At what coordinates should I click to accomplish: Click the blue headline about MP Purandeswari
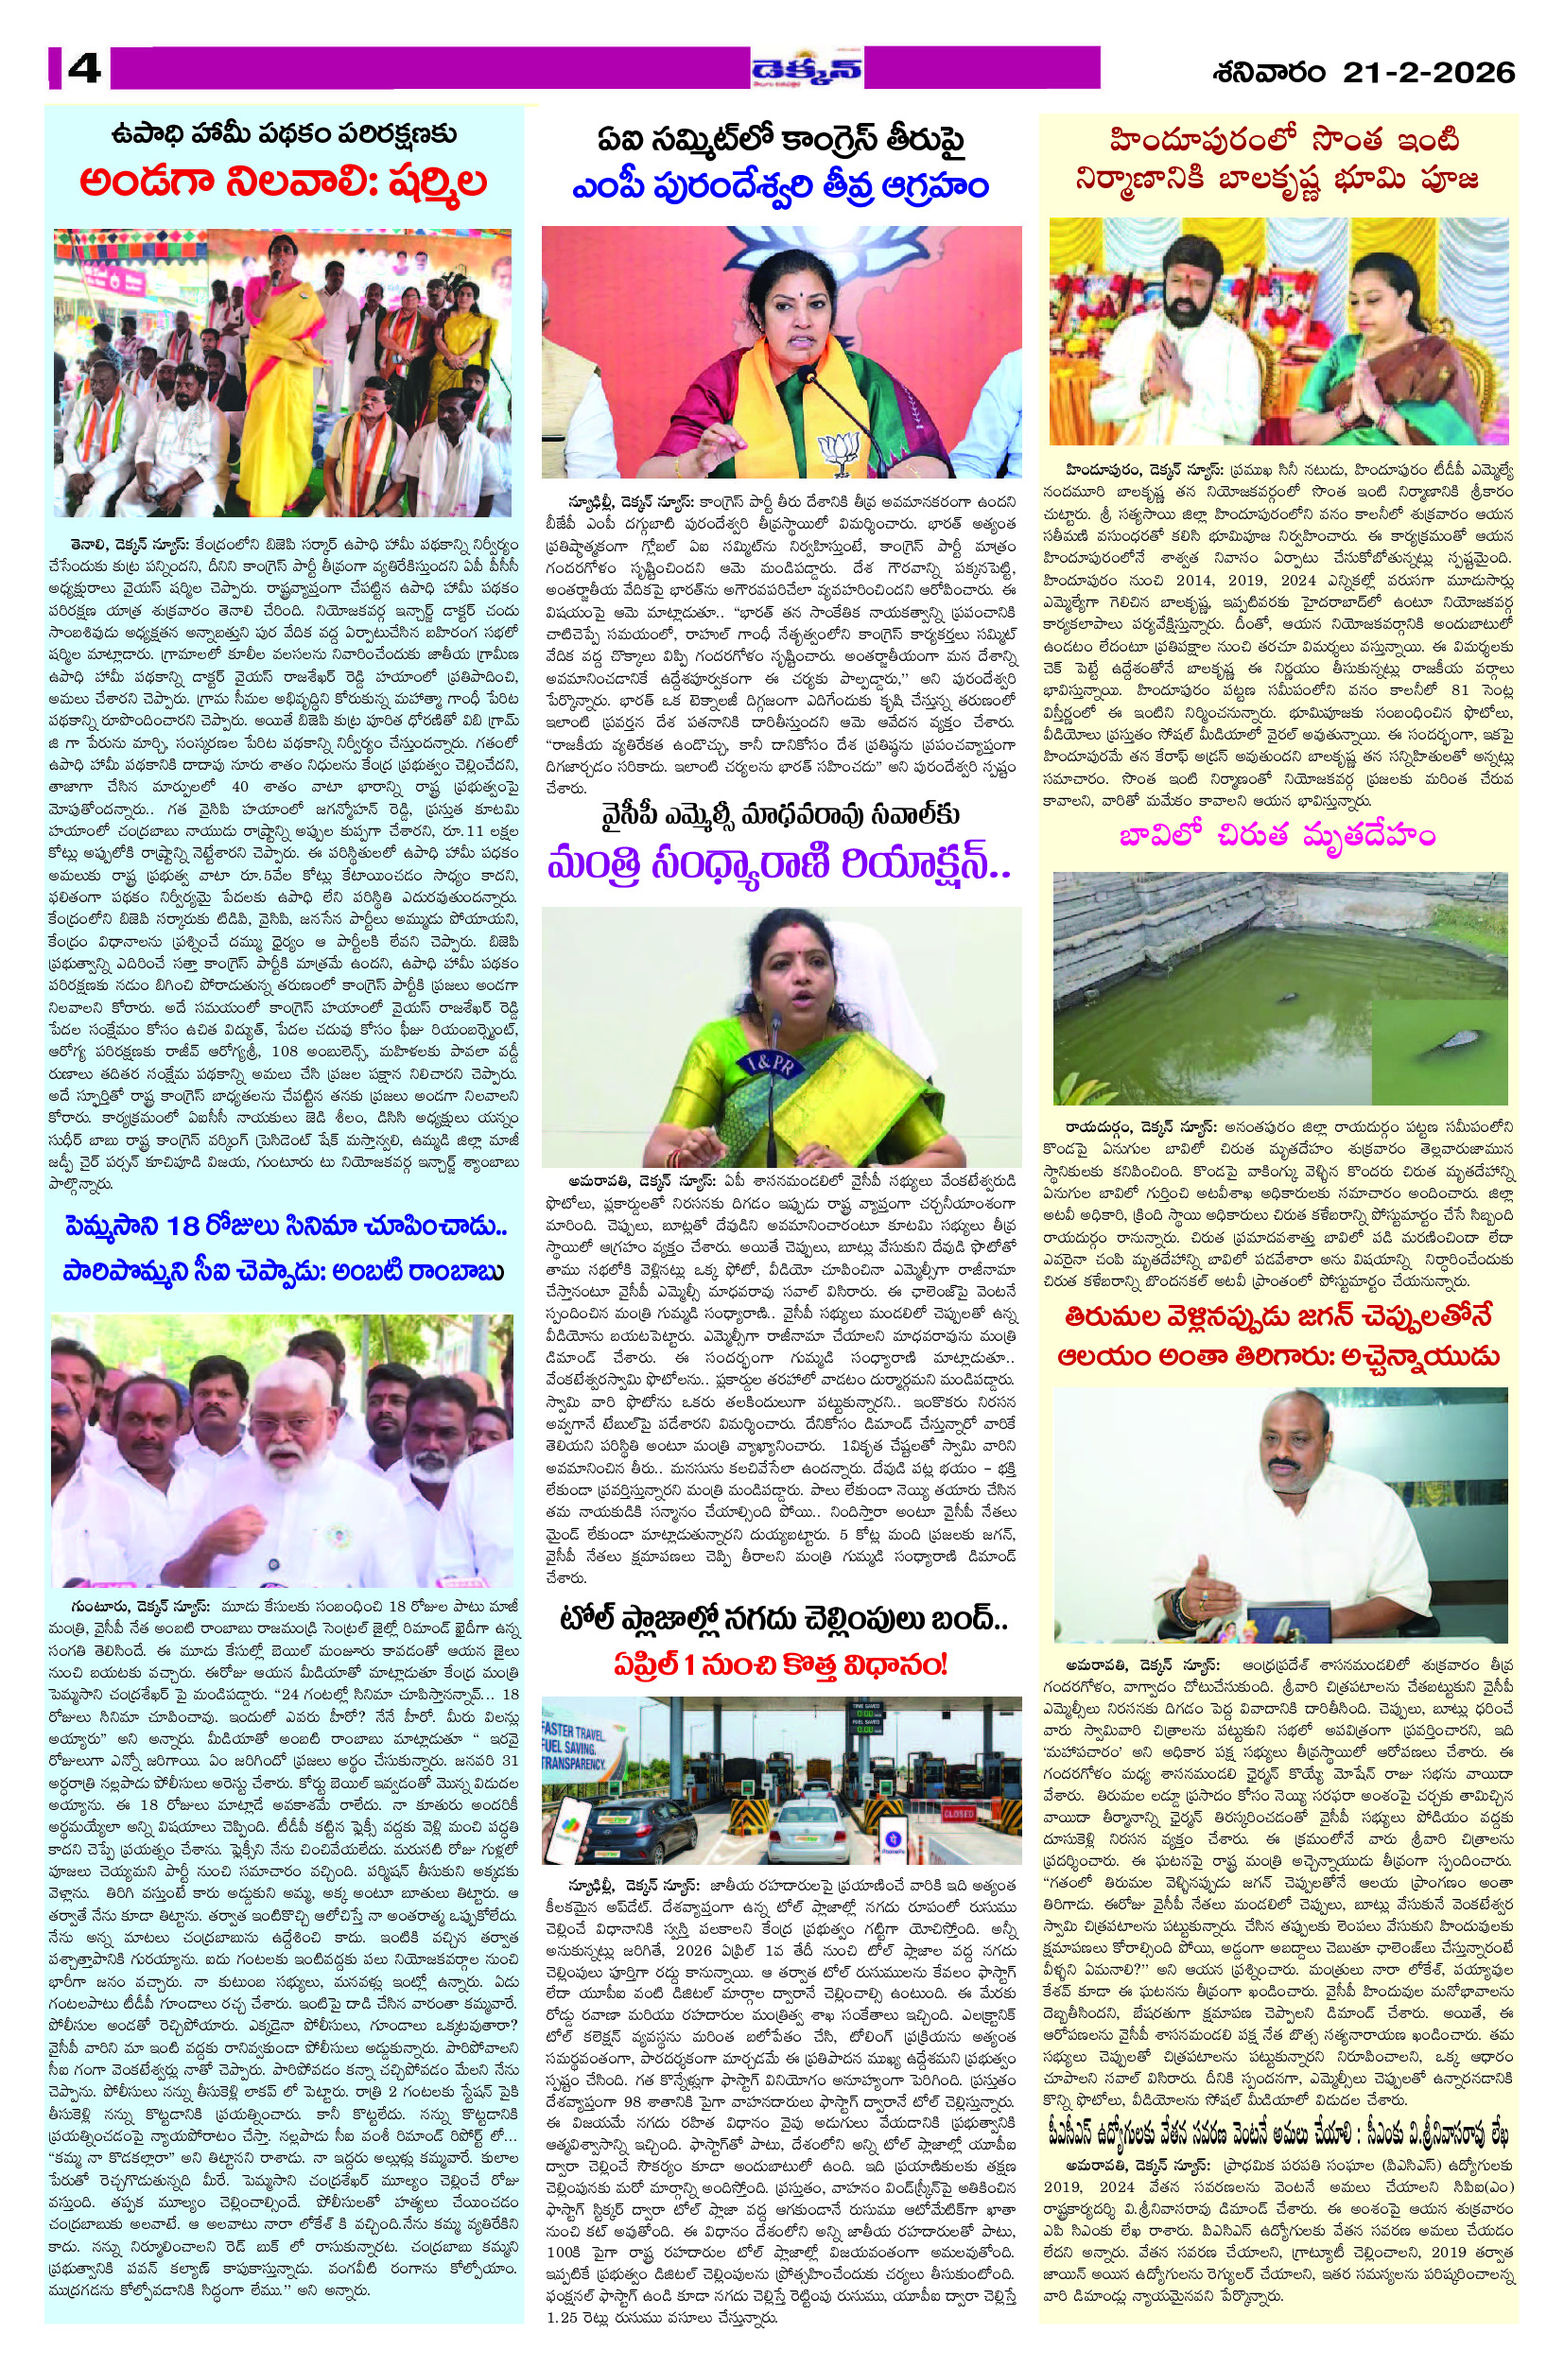[x=781, y=186]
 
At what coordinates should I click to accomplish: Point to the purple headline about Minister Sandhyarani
[x=780, y=862]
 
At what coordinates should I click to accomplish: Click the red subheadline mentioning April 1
[x=780, y=1663]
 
